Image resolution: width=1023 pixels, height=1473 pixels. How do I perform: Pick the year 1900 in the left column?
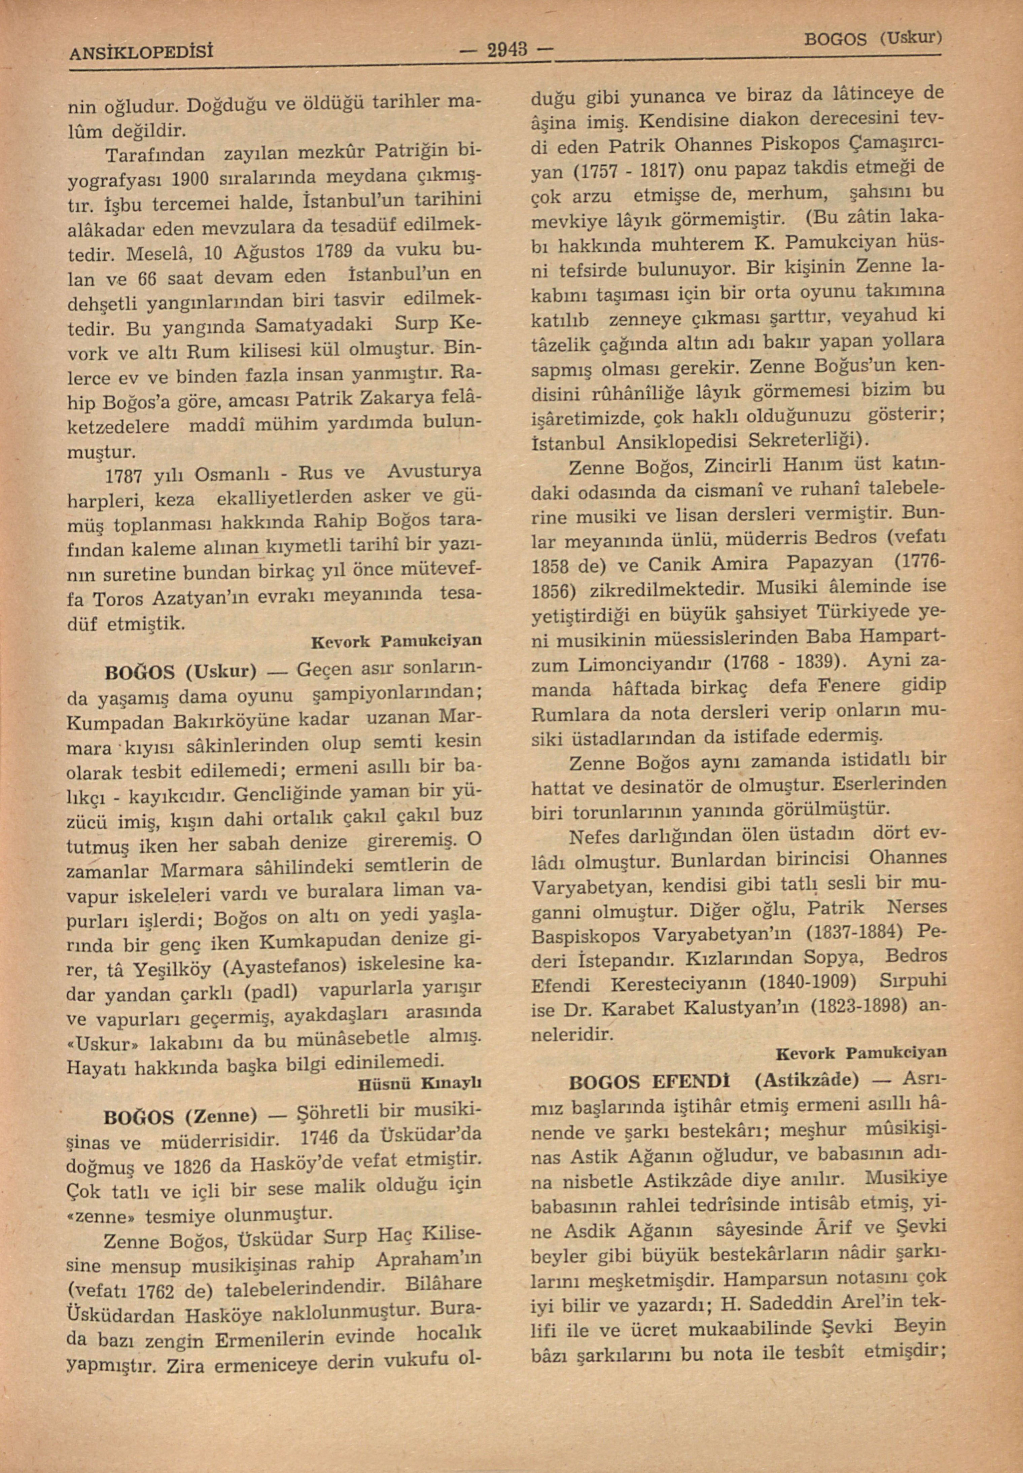[x=190, y=177]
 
